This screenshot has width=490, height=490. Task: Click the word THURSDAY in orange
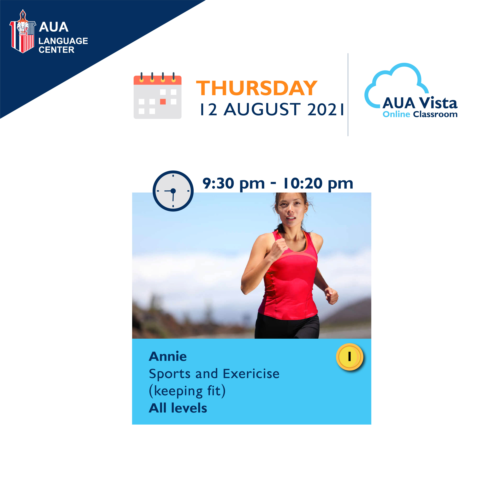coord(257,88)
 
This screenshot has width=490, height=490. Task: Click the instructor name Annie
coord(168,357)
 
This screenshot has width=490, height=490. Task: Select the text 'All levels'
coord(178,408)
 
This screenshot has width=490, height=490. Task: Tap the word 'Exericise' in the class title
coord(251,374)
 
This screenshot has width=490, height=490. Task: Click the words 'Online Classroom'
coord(420,114)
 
